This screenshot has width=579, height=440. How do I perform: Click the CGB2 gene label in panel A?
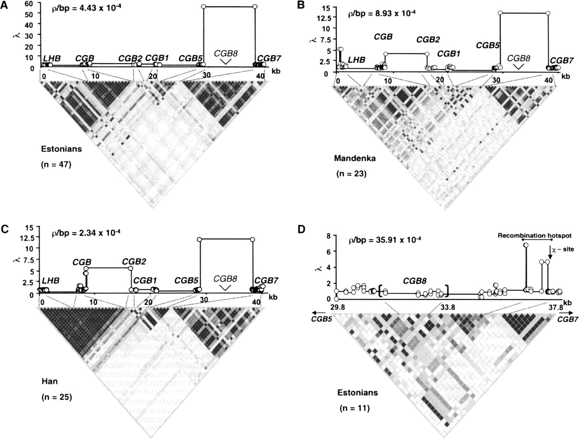pos(130,58)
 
